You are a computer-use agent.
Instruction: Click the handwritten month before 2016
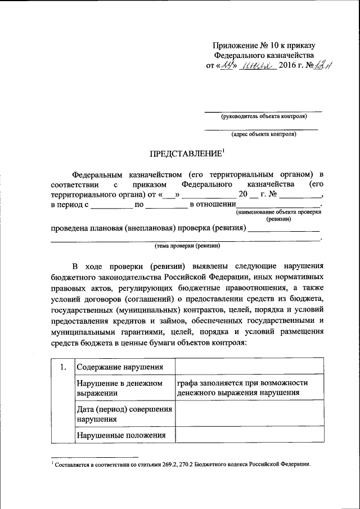pos(257,66)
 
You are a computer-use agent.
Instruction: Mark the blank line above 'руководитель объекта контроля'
pos(263,111)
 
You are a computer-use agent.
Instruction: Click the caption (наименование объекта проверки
pos(278,213)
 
